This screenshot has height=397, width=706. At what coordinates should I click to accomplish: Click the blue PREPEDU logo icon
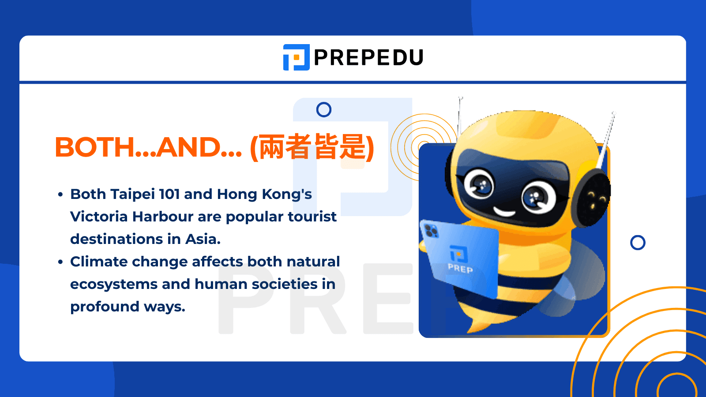pos(296,57)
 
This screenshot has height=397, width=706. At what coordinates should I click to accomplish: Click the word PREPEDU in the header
pos(369,57)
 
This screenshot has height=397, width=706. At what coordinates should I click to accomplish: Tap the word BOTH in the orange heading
pos(95,147)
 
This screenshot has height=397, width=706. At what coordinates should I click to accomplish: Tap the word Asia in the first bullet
pos(203,239)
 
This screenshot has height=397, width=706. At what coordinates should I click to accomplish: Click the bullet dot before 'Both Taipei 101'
pos(60,195)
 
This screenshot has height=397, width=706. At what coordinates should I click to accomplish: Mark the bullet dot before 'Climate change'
pos(60,262)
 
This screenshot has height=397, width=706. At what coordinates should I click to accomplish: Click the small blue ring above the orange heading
pos(324,103)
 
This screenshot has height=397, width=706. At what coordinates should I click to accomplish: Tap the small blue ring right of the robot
pos(638,236)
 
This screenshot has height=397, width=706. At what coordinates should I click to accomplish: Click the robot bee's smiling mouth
pos(504,212)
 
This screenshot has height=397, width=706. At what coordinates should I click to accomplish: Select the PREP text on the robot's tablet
pos(460,268)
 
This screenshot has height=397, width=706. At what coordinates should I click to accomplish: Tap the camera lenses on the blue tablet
pos(431,231)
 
